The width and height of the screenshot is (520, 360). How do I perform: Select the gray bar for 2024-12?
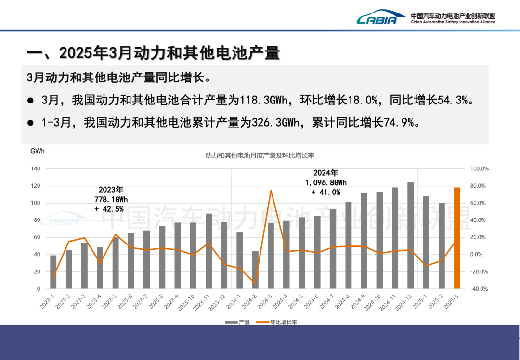point(410,235)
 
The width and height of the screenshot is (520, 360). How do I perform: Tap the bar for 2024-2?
point(255,270)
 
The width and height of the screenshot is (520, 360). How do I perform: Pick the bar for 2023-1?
point(53,272)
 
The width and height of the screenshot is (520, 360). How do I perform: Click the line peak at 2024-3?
point(271,191)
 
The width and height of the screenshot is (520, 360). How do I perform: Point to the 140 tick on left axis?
point(36,169)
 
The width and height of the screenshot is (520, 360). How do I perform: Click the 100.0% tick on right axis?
point(480,169)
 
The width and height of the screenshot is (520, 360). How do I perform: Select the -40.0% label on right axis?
point(480,289)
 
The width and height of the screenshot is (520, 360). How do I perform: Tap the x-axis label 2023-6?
point(128,303)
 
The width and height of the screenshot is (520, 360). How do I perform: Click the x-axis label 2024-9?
point(361,303)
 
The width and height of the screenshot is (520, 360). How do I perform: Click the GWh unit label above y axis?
point(37,151)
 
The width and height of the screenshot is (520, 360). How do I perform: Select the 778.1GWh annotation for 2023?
point(111,199)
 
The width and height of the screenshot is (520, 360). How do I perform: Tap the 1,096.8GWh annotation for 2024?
point(326,182)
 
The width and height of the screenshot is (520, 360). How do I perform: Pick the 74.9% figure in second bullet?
point(399,123)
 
